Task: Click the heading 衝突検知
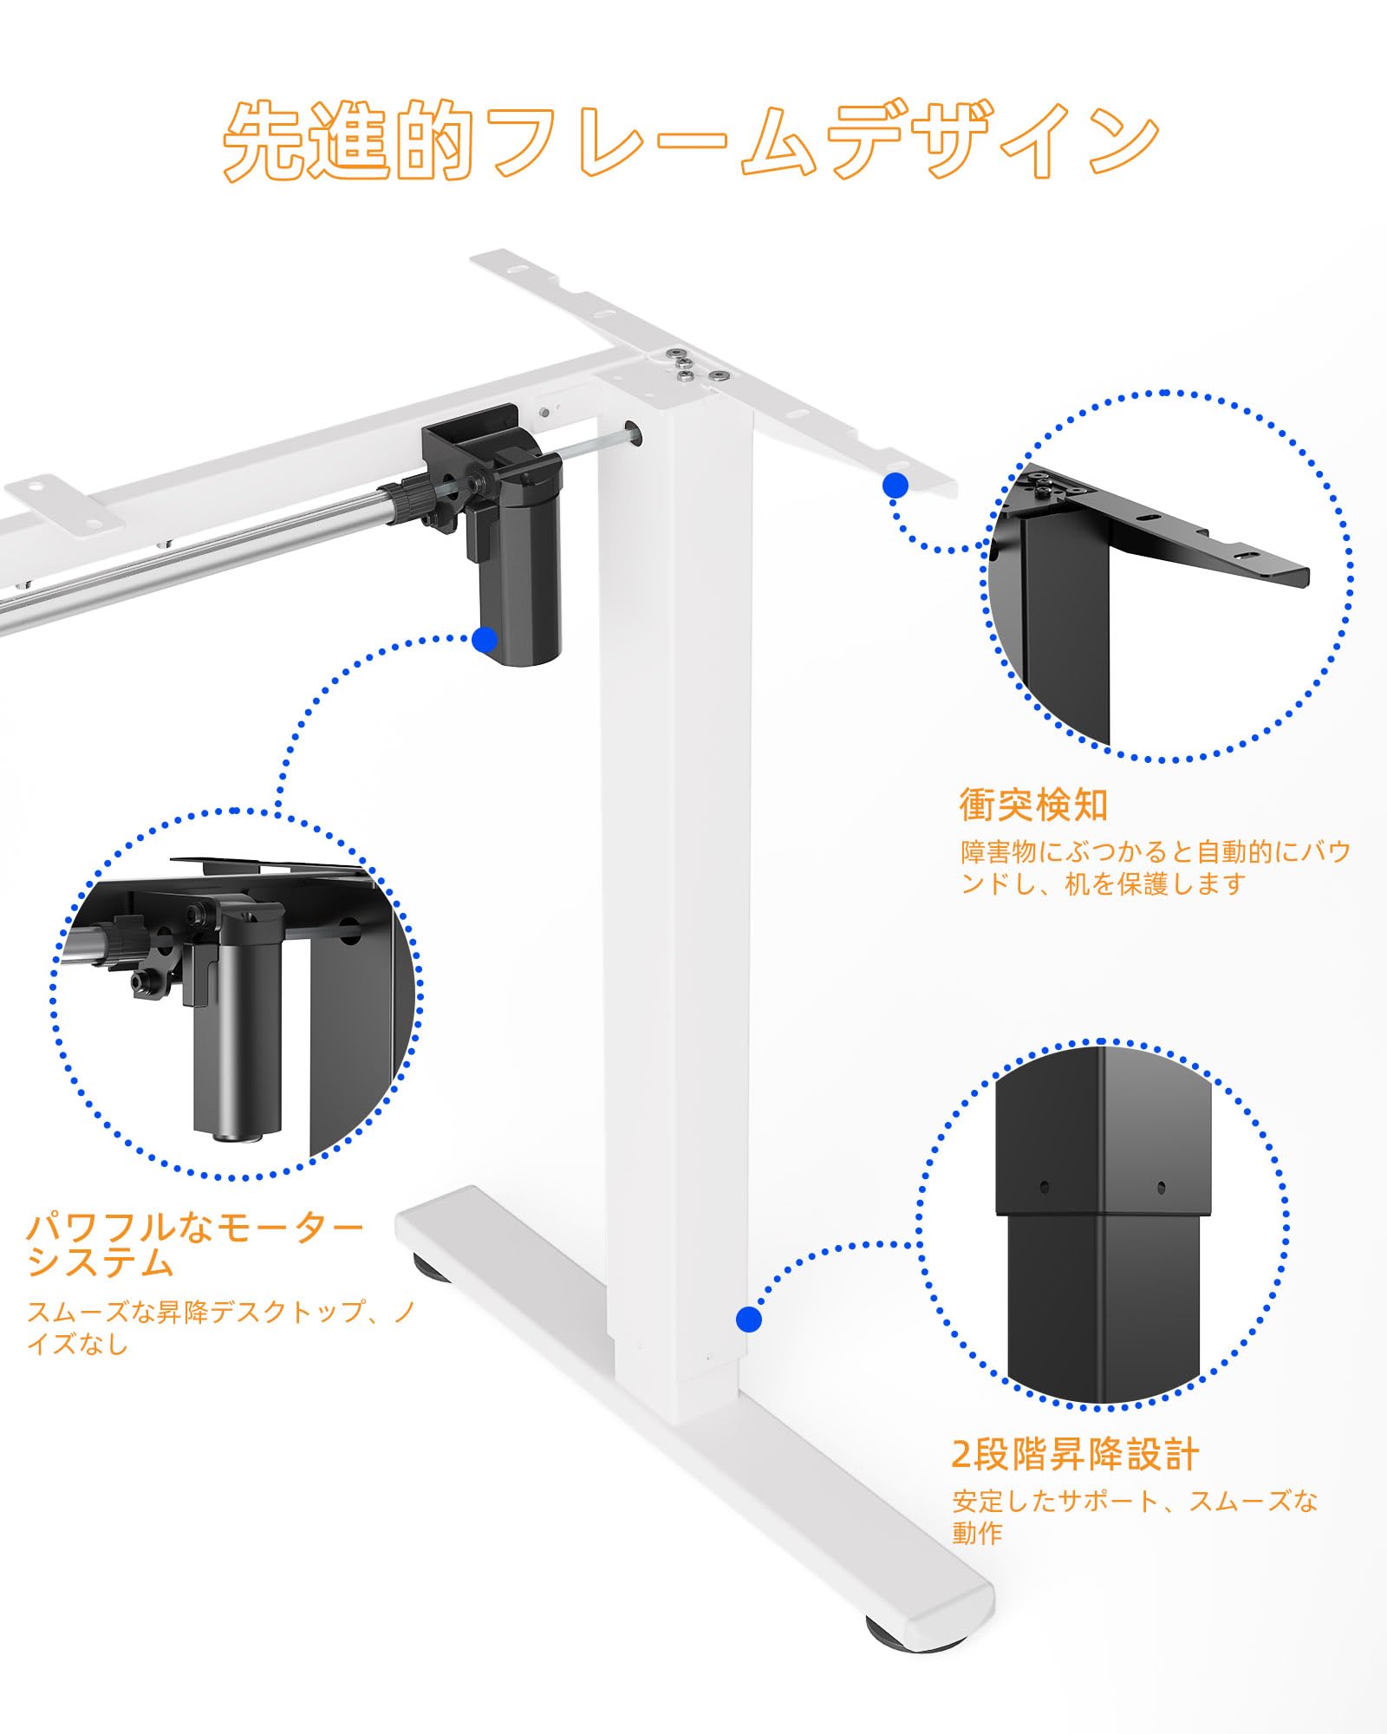(1033, 805)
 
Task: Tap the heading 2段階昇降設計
(1075, 1455)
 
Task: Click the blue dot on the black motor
(485, 640)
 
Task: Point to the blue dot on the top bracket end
(895, 486)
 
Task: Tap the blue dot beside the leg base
(749, 1320)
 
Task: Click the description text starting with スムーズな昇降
(221, 1327)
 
